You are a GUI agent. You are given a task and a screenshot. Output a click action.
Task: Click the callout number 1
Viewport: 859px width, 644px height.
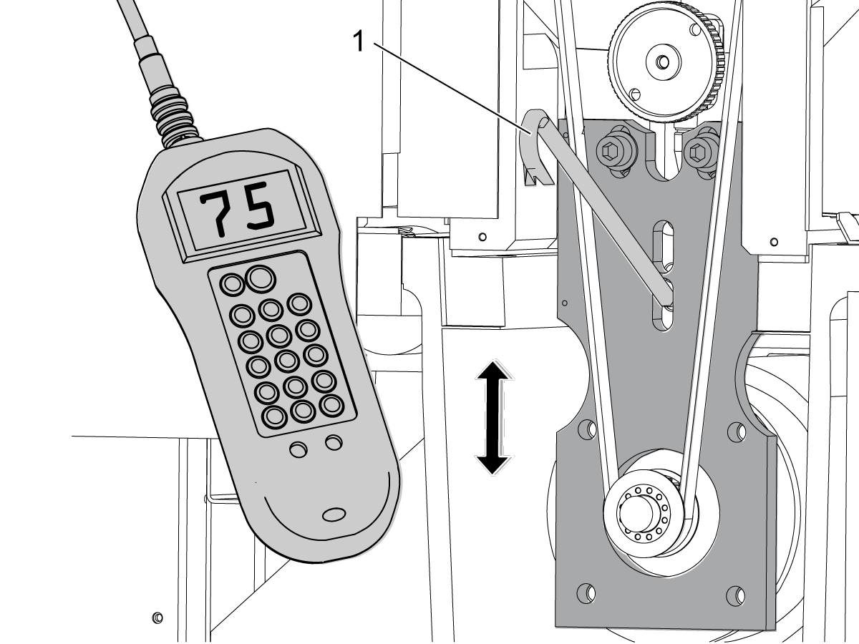[359, 42]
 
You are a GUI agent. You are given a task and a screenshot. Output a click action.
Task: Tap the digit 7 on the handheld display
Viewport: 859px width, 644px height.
[215, 214]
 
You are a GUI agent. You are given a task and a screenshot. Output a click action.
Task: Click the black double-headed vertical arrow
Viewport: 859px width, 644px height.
[494, 418]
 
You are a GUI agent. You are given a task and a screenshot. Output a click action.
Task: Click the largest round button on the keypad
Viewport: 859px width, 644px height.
[261, 279]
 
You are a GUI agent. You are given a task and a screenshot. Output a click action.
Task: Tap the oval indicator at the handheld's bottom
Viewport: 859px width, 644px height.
[334, 514]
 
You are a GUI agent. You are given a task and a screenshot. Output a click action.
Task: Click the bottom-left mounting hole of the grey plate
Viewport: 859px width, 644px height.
[586, 593]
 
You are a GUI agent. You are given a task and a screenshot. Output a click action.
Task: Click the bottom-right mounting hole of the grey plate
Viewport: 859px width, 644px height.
[735, 595]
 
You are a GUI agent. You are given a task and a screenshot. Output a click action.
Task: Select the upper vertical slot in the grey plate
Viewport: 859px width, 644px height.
[663, 246]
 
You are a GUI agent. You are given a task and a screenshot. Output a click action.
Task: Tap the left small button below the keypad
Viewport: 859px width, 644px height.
[299, 449]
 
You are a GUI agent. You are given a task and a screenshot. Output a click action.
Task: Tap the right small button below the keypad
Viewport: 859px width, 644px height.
[334, 443]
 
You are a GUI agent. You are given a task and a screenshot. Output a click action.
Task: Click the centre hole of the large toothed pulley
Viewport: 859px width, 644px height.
[663, 62]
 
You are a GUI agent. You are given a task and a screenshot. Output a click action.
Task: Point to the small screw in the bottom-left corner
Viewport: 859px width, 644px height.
[157, 618]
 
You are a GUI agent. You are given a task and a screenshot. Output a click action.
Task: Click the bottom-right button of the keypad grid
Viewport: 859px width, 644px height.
[332, 406]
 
